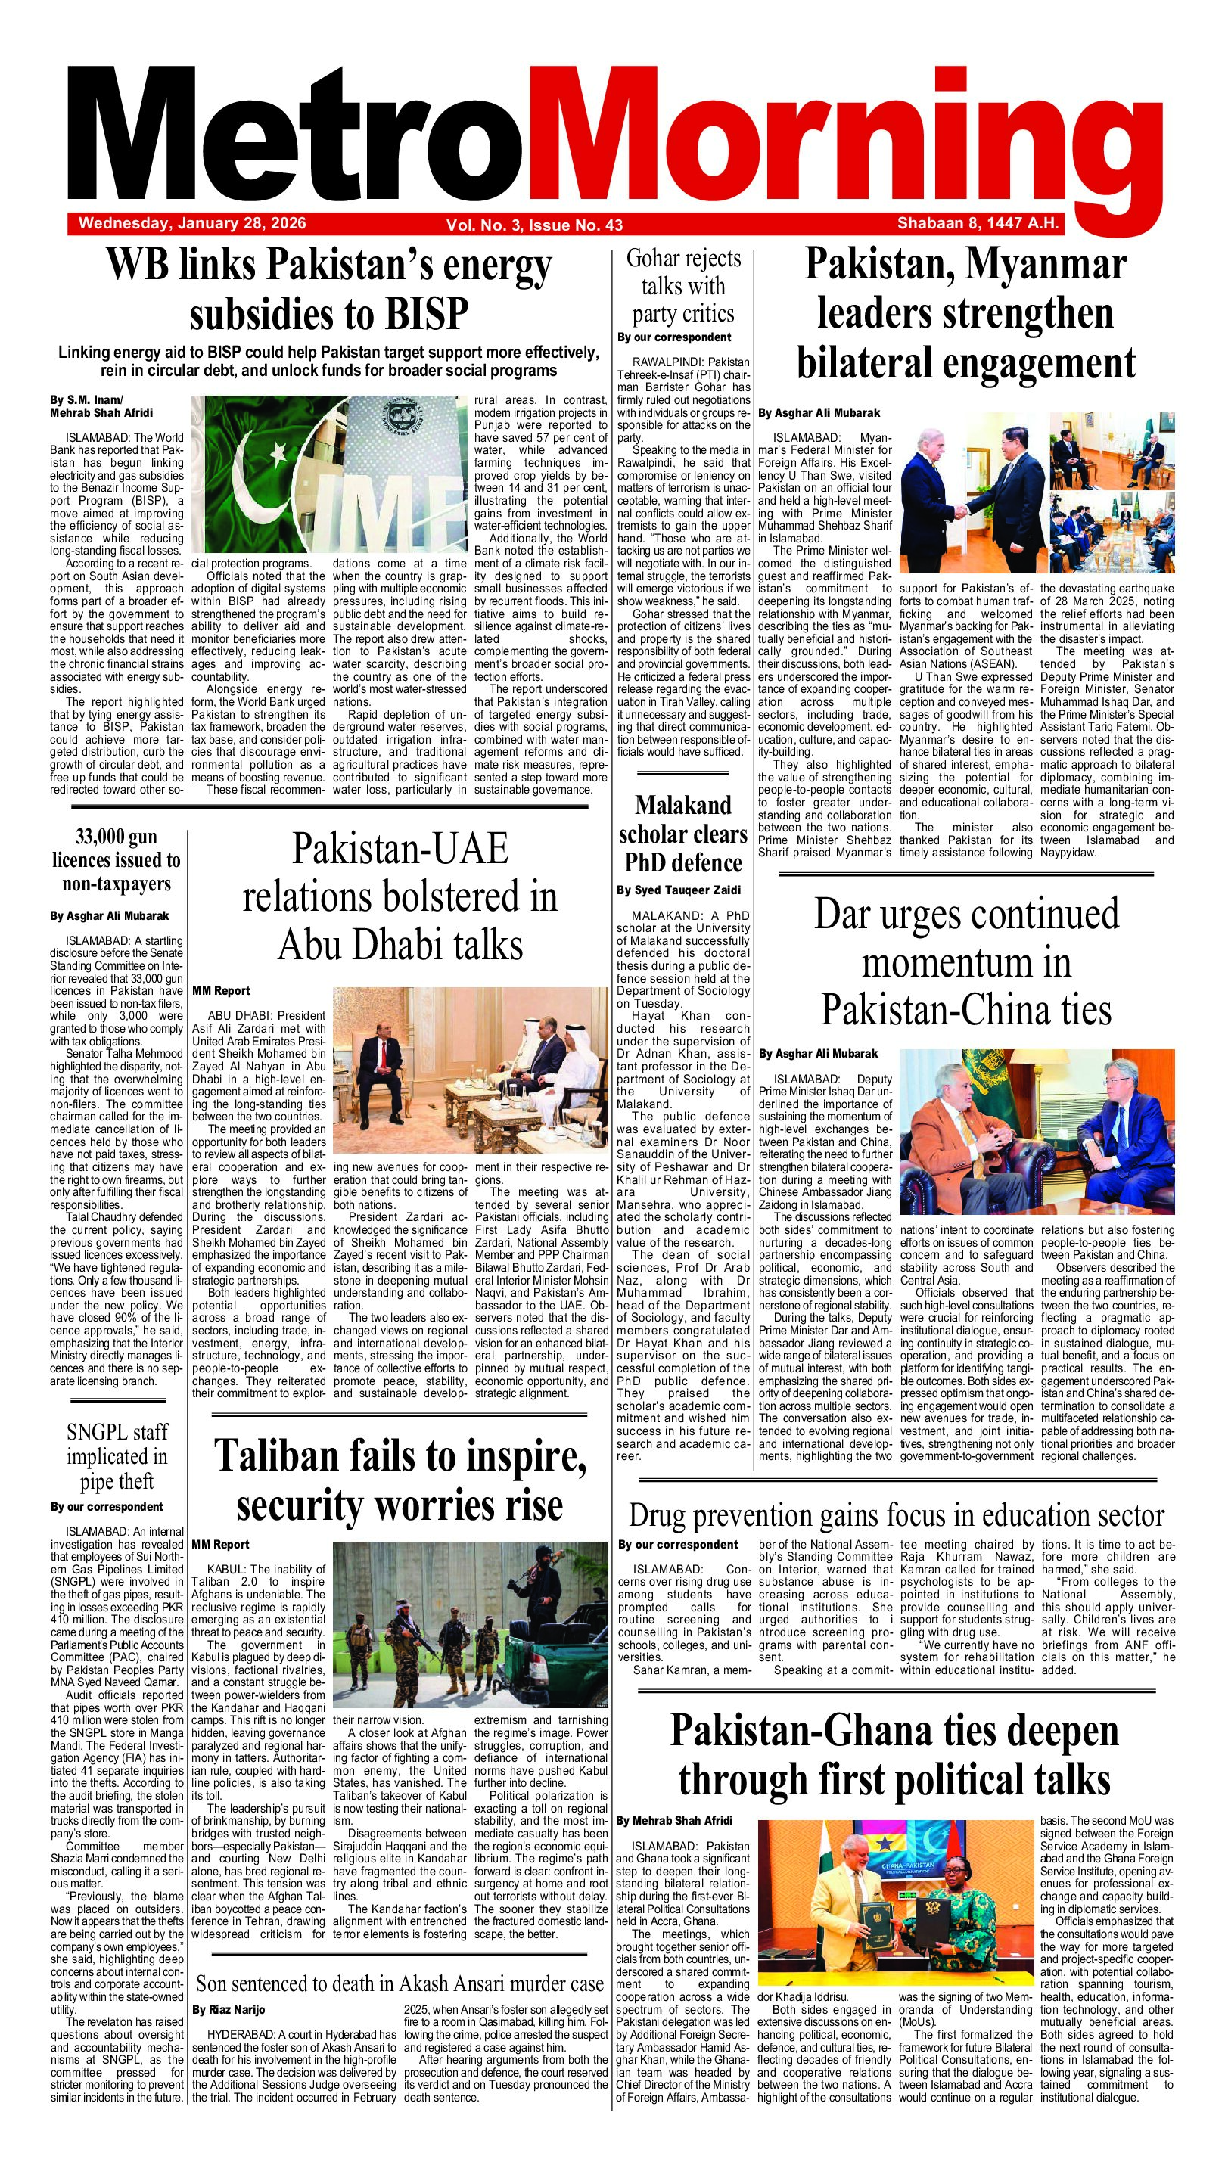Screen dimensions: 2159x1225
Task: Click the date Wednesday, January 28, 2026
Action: (x=192, y=224)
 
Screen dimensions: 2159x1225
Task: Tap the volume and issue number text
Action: (x=534, y=225)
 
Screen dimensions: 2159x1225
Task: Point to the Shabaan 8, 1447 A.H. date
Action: (x=977, y=224)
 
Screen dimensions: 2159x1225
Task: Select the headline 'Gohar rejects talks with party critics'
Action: (x=683, y=286)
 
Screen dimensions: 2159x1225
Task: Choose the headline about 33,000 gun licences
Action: (x=116, y=859)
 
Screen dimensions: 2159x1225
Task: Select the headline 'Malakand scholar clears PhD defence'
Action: (x=683, y=834)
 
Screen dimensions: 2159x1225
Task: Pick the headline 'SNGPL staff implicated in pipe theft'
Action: (x=117, y=1456)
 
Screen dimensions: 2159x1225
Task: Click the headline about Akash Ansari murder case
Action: (x=400, y=1983)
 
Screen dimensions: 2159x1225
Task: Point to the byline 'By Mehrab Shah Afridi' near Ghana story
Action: (x=674, y=1821)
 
